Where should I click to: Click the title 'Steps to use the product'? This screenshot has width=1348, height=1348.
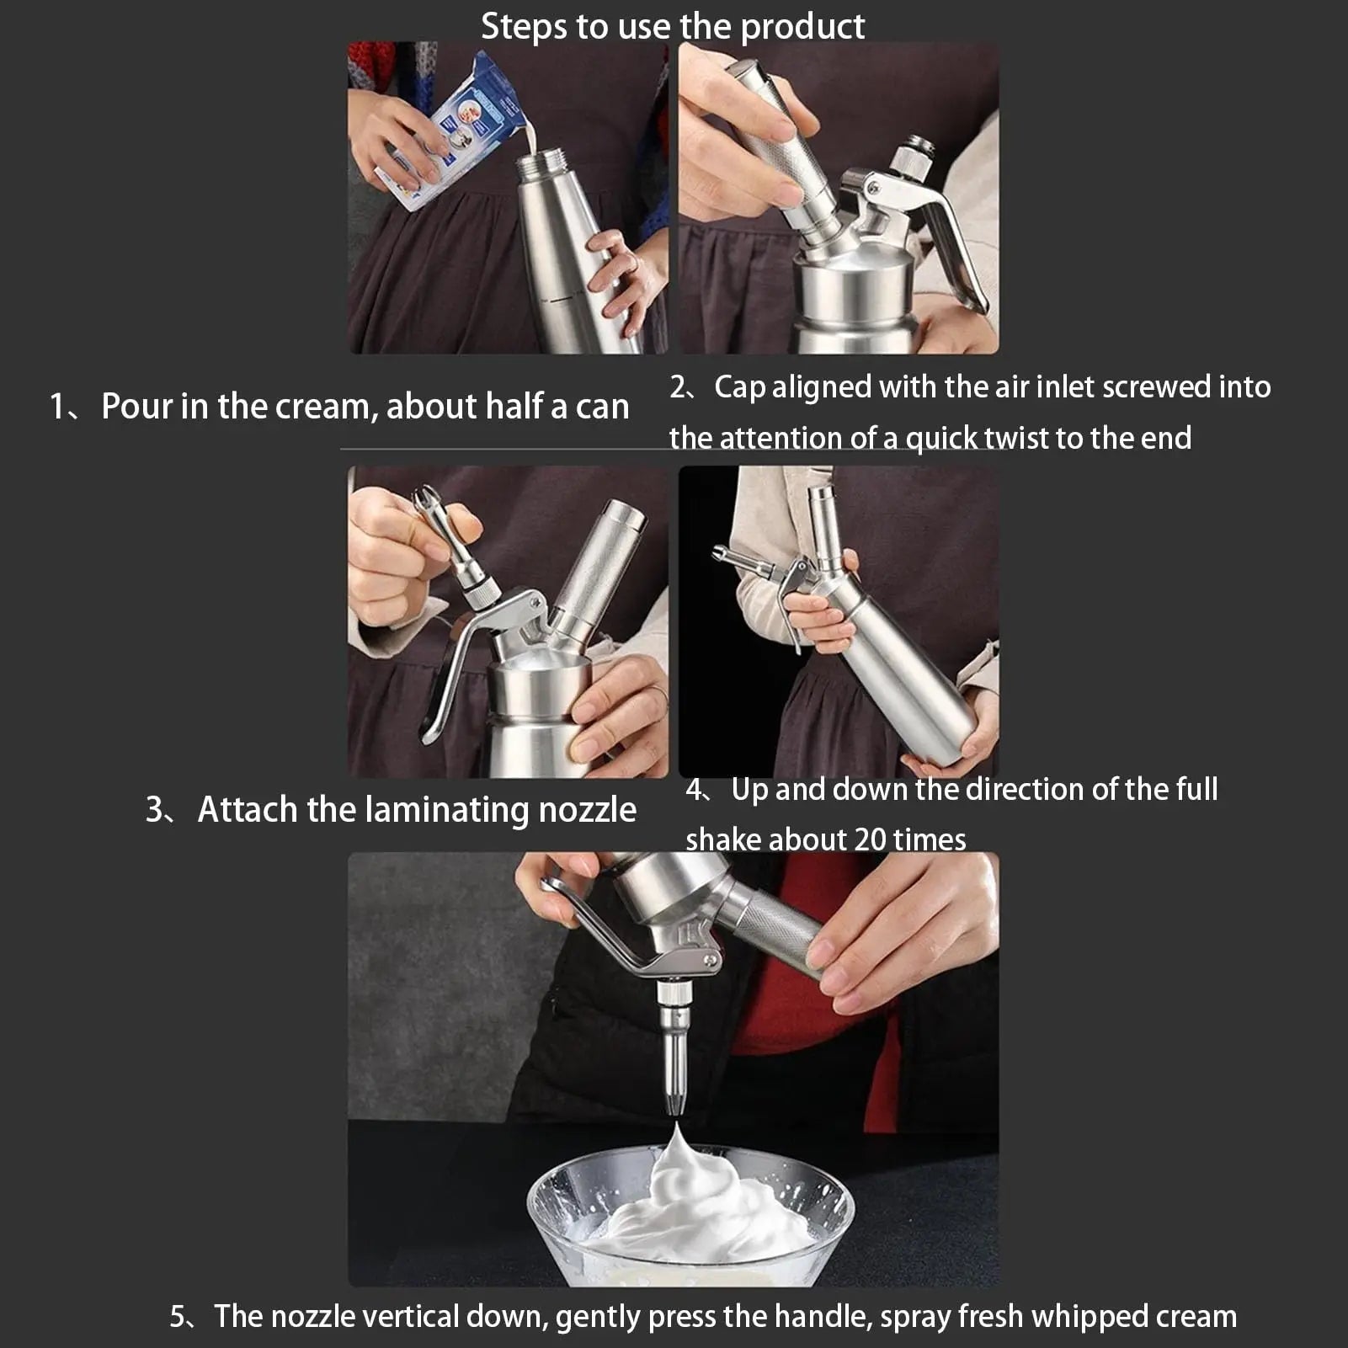point(672,27)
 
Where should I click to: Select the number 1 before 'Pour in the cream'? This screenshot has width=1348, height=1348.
point(57,407)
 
